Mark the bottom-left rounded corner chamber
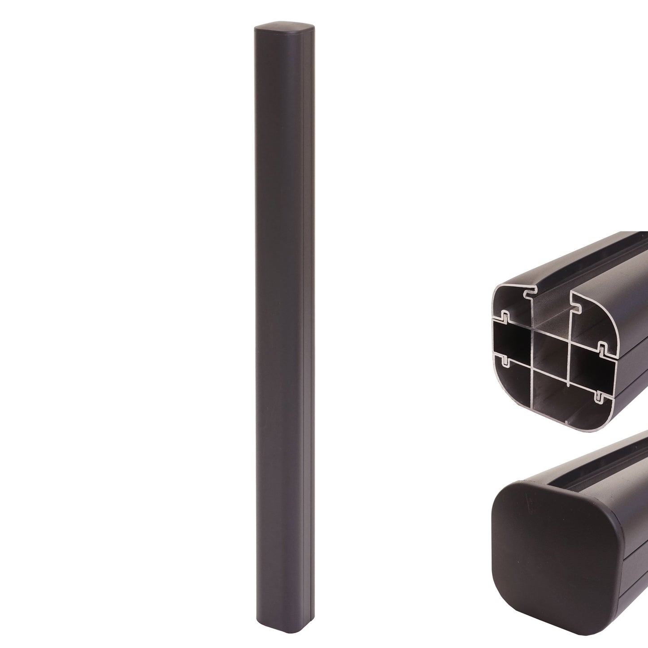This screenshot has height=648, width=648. pyautogui.click(x=511, y=381)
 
